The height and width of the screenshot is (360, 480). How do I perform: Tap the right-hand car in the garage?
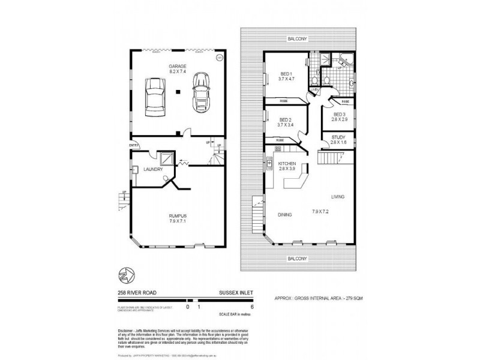pos(201,92)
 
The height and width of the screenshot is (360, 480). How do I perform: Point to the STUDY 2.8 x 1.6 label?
pos(339,139)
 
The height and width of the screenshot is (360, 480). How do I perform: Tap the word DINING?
pos(285,214)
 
